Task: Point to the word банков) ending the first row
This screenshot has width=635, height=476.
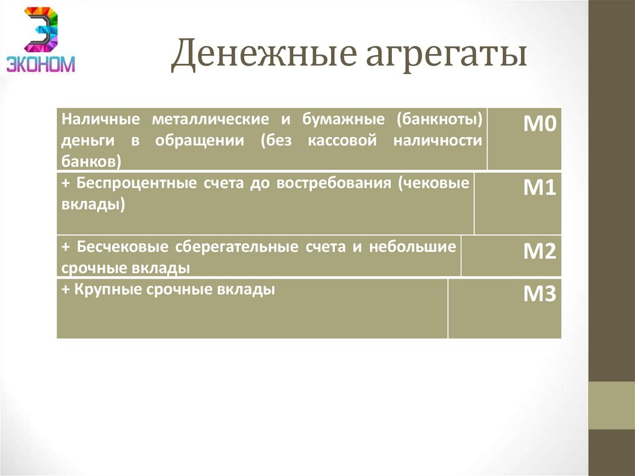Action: pos(91,161)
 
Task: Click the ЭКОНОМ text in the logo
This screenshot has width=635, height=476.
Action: pos(41,63)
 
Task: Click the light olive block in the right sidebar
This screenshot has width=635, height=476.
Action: pos(611,405)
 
